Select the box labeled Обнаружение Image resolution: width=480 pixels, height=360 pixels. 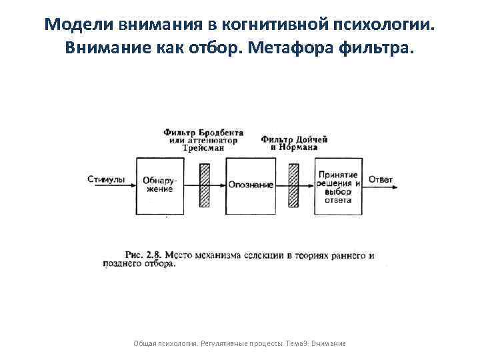point(157,185)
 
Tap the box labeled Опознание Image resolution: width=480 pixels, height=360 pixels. point(251,185)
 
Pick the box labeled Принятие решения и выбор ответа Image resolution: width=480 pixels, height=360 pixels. point(338,185)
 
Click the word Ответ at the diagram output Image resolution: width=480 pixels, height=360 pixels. point(381,179)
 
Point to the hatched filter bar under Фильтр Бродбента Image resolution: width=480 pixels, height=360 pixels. point(204,185)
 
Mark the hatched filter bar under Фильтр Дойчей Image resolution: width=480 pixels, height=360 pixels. point(293,185)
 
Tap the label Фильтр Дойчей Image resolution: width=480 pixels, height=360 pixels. point(294,139)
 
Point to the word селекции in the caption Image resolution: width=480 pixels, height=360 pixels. point(264,255)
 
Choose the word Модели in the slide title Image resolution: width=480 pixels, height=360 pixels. point(74,25)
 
